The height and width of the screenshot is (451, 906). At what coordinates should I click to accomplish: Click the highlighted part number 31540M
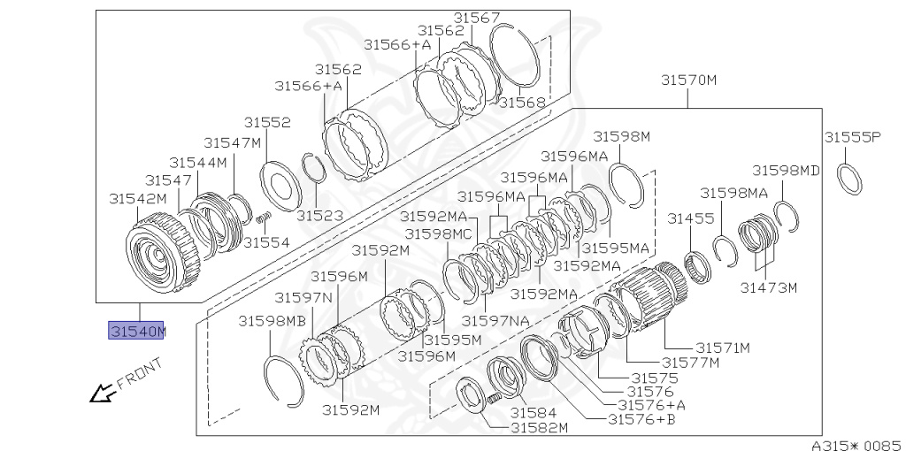tap(136, 331)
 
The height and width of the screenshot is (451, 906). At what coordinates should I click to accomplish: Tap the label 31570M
tap(688, 80)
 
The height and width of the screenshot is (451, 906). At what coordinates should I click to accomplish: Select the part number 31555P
tap(852, 137)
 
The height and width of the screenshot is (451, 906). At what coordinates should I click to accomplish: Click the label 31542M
tap(137, 199)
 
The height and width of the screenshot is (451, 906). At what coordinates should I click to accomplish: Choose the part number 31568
tap(522, 103)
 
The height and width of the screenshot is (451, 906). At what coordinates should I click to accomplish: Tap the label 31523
tap(319, 216)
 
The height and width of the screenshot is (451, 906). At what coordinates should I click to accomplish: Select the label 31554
tap(266, 242)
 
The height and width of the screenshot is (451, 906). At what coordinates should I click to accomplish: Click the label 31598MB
tap(272, 321)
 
